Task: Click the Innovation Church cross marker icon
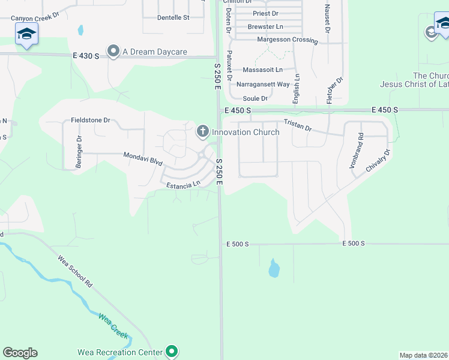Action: pos(203,131)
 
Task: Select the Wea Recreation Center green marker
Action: pos(172,351)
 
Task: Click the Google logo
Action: pos(20,353)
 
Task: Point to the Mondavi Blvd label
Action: pos(143,158)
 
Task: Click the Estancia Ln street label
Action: pos(183,185)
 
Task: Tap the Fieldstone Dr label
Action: pos(90,120)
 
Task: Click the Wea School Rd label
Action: pos(74,271)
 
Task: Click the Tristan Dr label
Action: pos(298,125)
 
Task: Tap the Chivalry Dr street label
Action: pos(378,161)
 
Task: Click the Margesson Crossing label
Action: pos(287,40)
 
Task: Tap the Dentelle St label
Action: pos(173,17)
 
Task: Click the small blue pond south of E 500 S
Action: pos(274,268)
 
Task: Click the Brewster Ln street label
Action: pos(265,27)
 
